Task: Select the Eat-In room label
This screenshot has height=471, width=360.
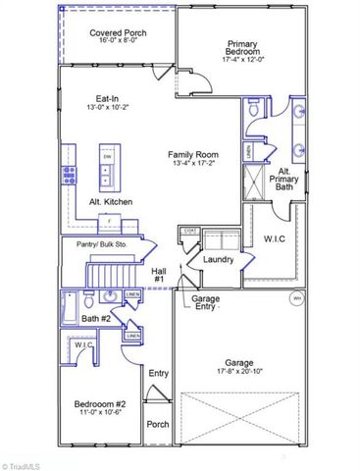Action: (107, 98)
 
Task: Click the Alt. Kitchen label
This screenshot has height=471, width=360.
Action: (111, 201)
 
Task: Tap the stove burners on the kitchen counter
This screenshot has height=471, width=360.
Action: (70, 176)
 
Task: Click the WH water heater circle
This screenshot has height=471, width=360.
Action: (296, 297)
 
